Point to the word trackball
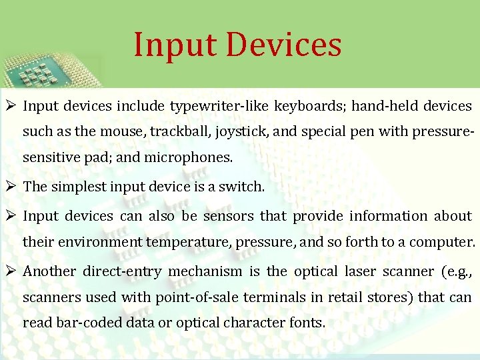(178, 131)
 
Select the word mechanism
(205, 271)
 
